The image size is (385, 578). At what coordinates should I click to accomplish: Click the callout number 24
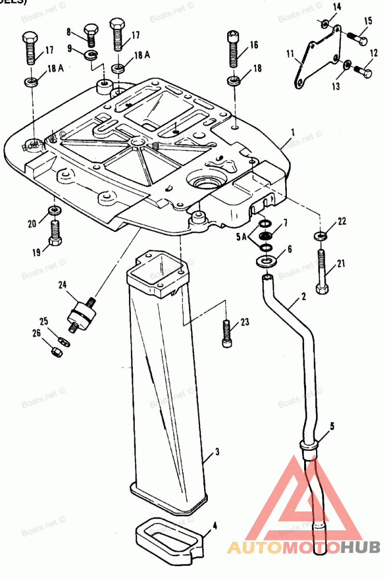click(x=62, y=285)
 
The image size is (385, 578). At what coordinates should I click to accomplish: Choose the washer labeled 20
click(x=54, y=210)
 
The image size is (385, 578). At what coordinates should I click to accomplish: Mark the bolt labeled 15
click(x=357, y=37)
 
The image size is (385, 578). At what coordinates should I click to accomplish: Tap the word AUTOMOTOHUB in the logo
click(x=304, y=547)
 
